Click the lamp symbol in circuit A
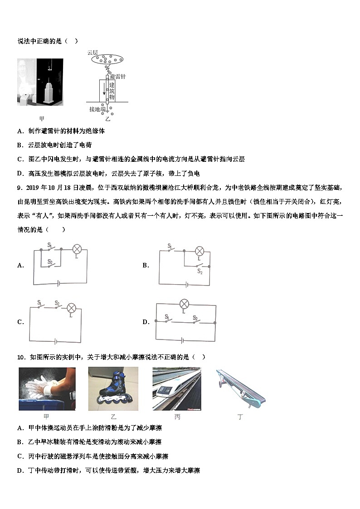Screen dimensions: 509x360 [x=78, y=249]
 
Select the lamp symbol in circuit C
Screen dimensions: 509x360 [x=71, y=308]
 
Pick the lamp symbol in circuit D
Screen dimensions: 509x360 [x=184, y=304]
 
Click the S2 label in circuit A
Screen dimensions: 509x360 [x=51, y=262]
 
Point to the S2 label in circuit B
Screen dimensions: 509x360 [x=199, y=271]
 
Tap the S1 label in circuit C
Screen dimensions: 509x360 [x=39, y=302]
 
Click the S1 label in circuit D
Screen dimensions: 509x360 [x=167, y=316]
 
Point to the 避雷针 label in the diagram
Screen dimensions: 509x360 [x=117, y=77]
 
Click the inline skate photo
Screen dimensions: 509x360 [x=113, y=388]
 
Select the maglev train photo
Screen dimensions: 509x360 [x=176, y=388]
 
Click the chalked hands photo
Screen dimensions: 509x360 [x=47, y=388]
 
